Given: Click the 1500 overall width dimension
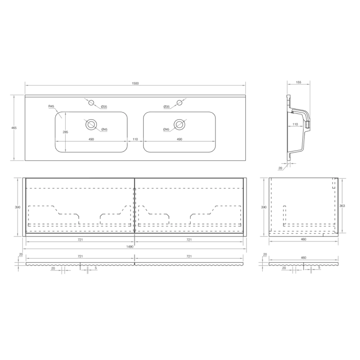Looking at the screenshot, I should [x=135, y=83].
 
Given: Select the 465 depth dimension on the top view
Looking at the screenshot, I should [x=14, y=128].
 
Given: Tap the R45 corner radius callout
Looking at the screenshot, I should [x=51, y=106].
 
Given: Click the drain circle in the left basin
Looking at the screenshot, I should [x=91, y=123].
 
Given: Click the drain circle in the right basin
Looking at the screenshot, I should [x=179, y=123].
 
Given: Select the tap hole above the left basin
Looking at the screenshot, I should [x=91, y=103].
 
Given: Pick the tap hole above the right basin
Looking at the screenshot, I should [x=179, y=103].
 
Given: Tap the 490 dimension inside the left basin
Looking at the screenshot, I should [x=91, y=139].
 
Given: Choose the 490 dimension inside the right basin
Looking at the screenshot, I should [x=179, y=139].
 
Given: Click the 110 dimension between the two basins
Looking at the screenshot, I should [x=135, y=139].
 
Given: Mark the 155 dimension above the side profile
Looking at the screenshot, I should [x=298, y=83].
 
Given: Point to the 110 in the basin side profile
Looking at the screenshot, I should [x=295, y=124].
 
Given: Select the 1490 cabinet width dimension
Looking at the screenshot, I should [x=135, y=246].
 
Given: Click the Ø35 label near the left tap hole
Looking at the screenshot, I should [x=104, y=107].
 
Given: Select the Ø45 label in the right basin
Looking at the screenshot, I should [x=166, y=130].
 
